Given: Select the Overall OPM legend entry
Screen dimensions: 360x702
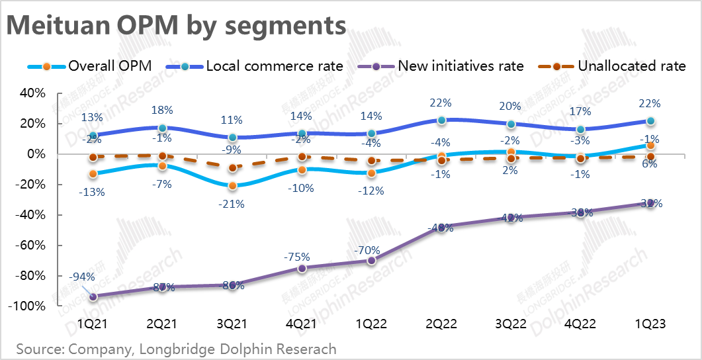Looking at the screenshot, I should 89,66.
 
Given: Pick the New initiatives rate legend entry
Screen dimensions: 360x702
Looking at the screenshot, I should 440,66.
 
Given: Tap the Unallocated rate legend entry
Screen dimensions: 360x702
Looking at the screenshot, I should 612,66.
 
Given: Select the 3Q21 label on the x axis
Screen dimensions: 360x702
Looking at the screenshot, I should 232,324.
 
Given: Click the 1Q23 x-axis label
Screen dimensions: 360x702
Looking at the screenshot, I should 650,324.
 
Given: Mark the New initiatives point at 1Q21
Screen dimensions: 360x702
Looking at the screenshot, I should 93,297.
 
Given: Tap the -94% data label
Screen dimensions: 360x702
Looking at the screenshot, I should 82,277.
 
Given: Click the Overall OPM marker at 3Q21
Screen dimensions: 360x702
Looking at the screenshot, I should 232,186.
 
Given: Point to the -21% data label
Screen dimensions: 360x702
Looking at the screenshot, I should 232,204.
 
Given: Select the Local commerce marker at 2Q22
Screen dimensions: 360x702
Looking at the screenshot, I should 441,120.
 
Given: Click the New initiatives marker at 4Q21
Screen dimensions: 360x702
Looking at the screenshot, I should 302,268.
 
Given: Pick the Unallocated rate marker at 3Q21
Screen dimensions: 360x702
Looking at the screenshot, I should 232,168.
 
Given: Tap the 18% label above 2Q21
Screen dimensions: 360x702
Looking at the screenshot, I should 162,110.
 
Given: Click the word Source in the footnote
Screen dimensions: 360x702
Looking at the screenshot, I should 38,349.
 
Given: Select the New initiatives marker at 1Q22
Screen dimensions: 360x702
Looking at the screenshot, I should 371,261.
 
